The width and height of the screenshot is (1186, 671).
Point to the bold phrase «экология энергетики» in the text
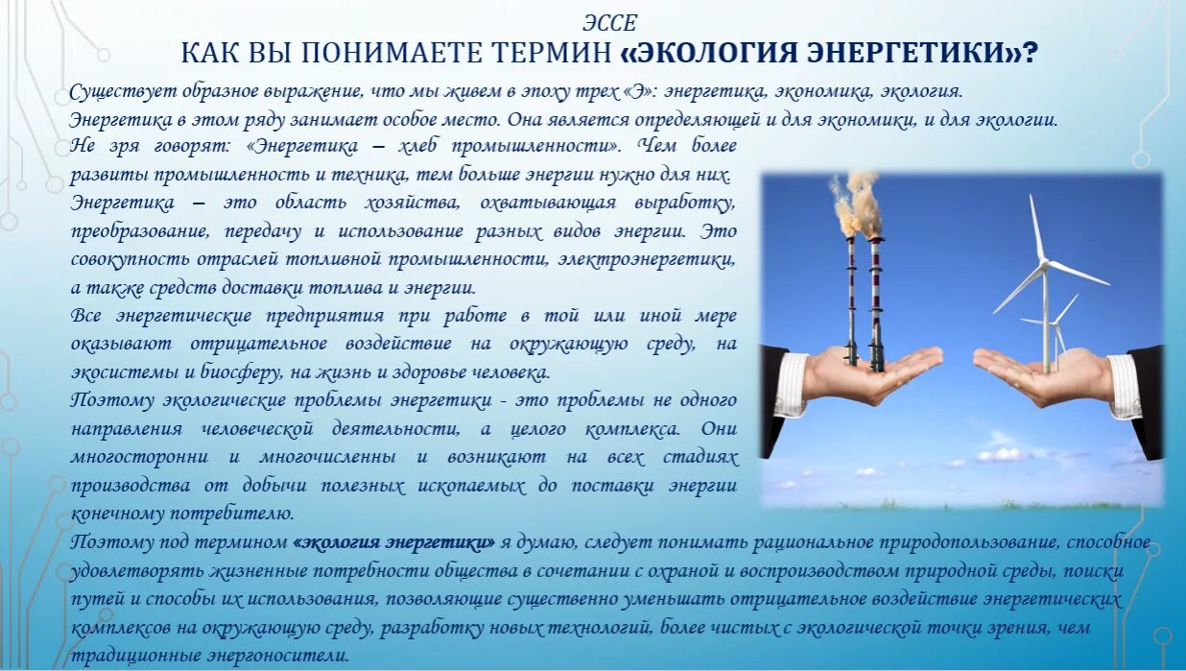(x=394, y=541)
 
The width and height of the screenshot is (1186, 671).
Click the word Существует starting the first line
(x=118, y=91)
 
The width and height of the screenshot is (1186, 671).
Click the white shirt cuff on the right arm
(x=1124, y=384)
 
